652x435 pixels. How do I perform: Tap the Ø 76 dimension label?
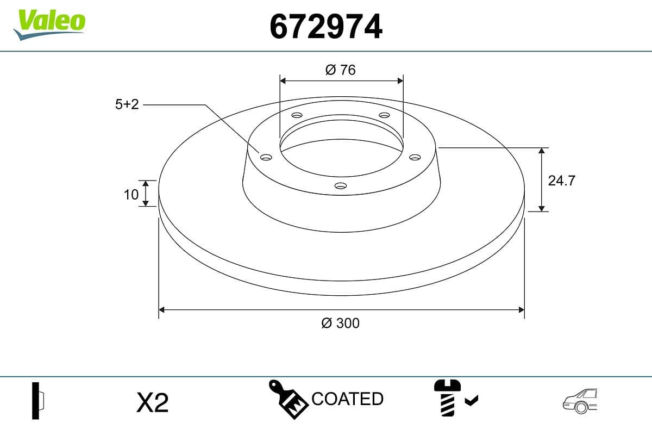[341, 70]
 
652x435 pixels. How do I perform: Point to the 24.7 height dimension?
[561, 181]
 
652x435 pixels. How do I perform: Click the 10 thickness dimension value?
[131, 194]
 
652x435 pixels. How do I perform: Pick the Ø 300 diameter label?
[341, 323]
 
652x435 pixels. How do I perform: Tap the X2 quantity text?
[153, 403]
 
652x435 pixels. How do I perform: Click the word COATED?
[348, 399]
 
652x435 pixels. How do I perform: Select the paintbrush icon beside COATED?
[288, 400]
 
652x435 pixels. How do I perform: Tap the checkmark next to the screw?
[472, 401]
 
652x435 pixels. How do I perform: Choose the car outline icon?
[580, 401]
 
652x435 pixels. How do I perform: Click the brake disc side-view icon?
[38, 401]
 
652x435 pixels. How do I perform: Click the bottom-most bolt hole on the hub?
[341, 186]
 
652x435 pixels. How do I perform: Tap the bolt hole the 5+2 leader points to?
[266, 157]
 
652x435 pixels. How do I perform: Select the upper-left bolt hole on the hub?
[297, 115]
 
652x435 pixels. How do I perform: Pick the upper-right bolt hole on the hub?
[385, 115]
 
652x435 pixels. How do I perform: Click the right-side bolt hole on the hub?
[415, 157]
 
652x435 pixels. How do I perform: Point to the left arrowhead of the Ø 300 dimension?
[161, 310]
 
